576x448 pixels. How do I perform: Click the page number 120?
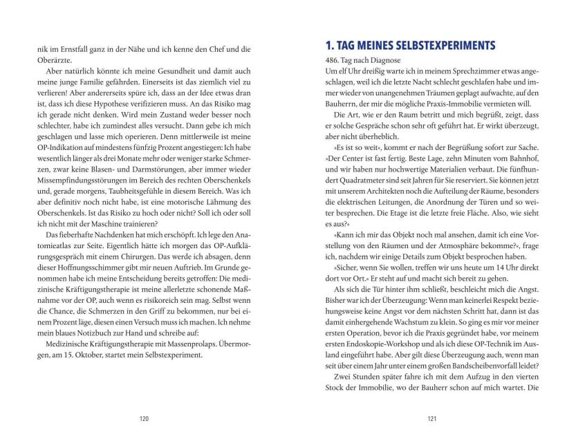pyautogui.click(x=143, y=418)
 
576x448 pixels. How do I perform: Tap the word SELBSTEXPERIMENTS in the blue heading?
pyautogui.click(x=441, y=46)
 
